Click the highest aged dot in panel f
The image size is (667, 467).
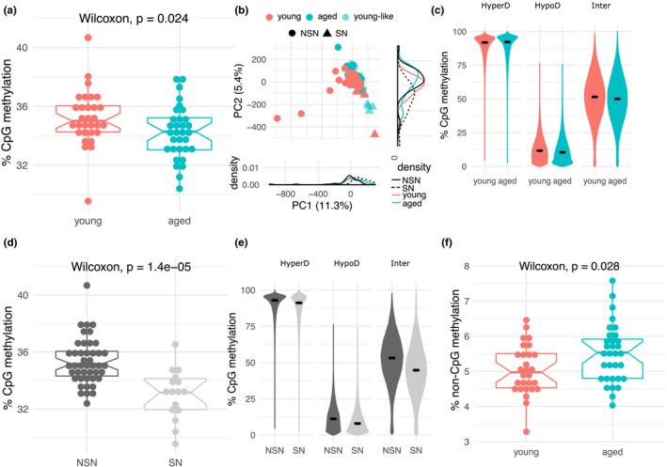coord(612,280)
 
